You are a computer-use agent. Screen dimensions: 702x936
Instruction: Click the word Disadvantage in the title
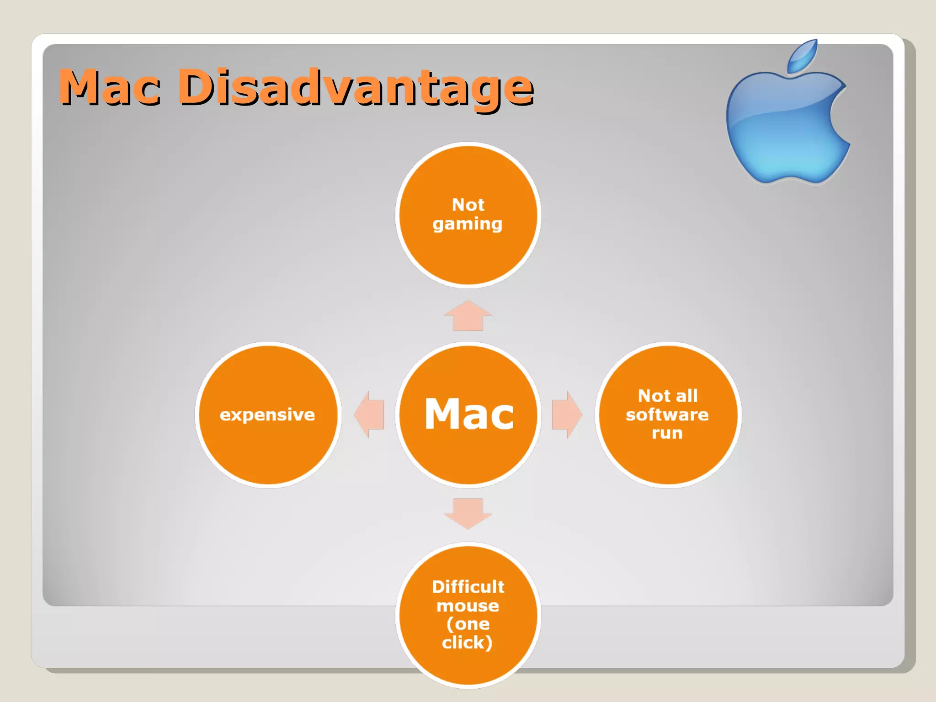(x=356, y=87)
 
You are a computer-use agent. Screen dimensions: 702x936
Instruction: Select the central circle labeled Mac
(x=468, y=414)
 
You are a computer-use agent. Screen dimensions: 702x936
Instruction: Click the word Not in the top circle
(x=468, y=205)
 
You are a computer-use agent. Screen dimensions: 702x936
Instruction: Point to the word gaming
(x=468, y=224)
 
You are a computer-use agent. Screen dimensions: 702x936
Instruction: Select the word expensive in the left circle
(x=267, y=415)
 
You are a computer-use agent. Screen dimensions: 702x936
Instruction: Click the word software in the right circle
(x=667, y=415)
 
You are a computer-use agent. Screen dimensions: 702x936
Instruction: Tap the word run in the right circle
(x=667, y=433)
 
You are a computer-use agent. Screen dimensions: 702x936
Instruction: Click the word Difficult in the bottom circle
(x=468, y=587)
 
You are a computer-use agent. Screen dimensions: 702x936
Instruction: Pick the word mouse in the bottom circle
(x=468, y=606)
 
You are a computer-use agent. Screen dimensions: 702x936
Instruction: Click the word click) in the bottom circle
(x=467, y=643)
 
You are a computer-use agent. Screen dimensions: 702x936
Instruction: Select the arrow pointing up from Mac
(x=468, y=316)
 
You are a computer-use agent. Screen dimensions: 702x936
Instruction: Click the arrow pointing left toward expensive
(x=370, y=415)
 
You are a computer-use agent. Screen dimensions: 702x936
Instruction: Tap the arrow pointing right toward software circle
(x=566, y=415)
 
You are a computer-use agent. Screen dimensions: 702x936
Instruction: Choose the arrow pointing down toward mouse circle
(x=468, y=513)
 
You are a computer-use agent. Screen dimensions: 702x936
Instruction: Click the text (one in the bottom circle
(x=468, y=624)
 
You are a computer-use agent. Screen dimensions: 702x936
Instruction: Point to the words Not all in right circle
(x=668, y=396)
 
